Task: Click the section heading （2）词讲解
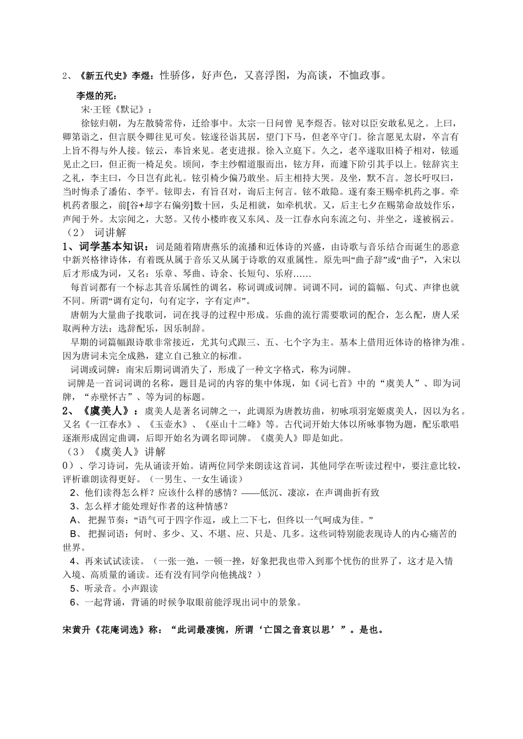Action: [95, 233]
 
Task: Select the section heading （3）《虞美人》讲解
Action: [114, 452]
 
